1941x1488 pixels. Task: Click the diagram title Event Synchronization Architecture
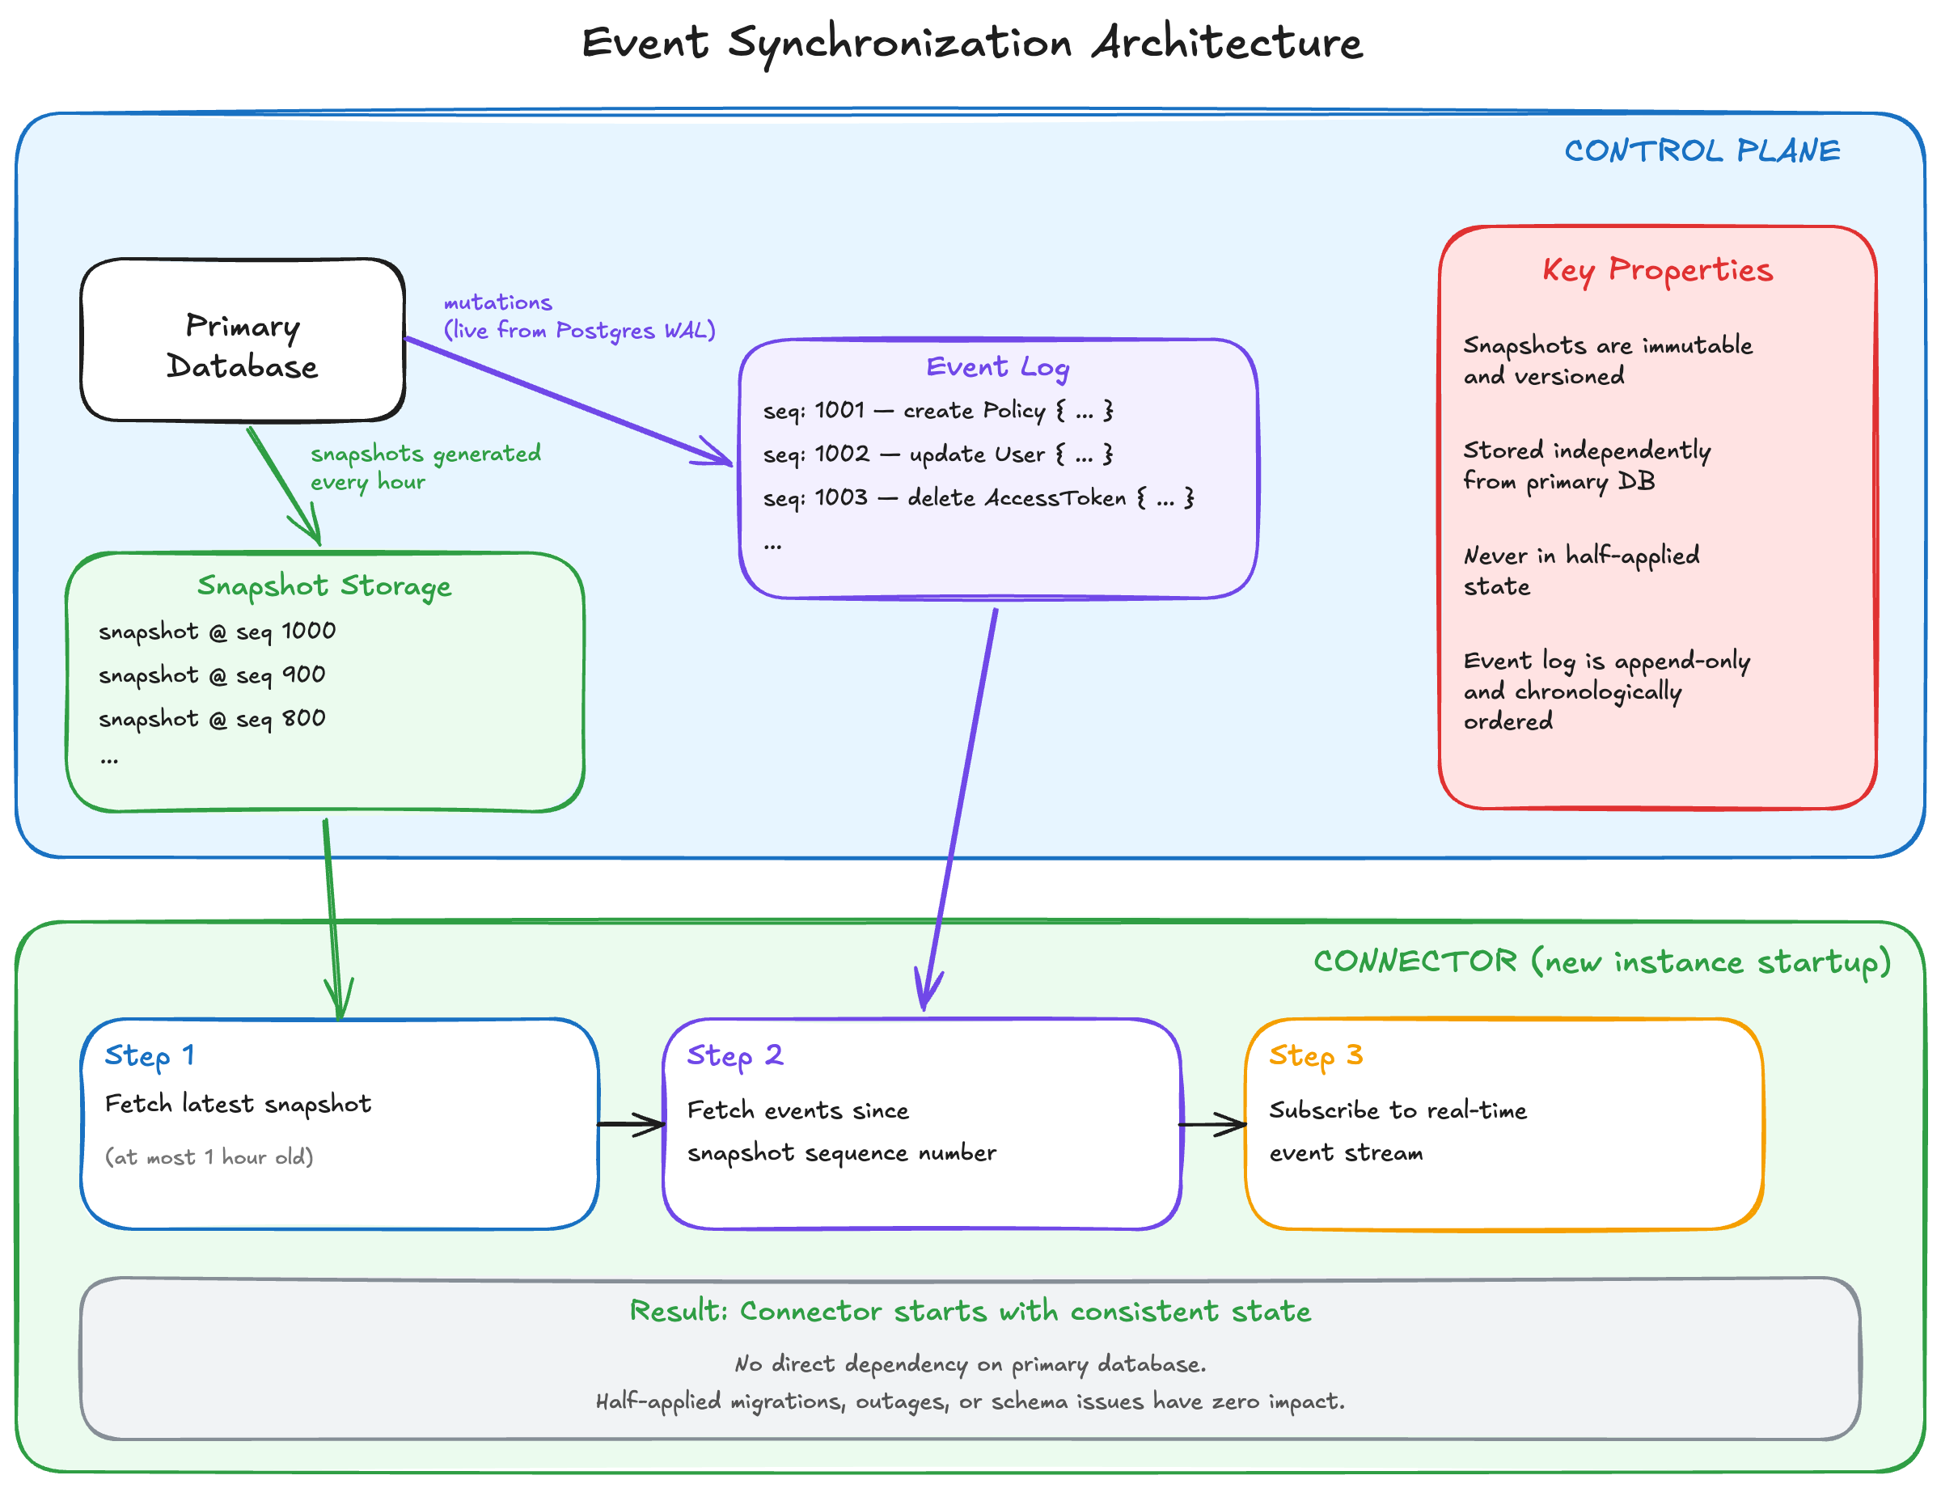point(972,43)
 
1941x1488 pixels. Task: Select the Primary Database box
point(243,340)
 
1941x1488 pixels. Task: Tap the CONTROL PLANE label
point(1702,150)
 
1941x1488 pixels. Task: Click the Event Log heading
point(997,366)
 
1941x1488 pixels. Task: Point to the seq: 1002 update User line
point(937,454)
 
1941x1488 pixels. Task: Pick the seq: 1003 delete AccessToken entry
point(978,498)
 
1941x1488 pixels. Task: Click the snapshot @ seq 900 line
point(212,675)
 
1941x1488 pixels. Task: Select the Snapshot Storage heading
point(324,585)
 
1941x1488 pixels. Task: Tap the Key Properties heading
point(1657,270)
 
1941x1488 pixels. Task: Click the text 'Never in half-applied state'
point(1581,570)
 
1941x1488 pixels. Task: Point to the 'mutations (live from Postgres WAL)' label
point(579,316)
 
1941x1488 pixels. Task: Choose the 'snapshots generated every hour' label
point(425,467)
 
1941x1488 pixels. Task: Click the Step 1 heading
point(150,1056)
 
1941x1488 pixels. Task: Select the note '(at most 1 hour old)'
point(209,1156)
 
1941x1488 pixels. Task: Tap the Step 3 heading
point(1316,1056)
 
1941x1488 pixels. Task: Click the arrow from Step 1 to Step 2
point(631,1125)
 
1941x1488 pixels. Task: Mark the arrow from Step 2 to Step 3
point(1213,1125)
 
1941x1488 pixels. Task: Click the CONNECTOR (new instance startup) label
point(1601,962)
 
